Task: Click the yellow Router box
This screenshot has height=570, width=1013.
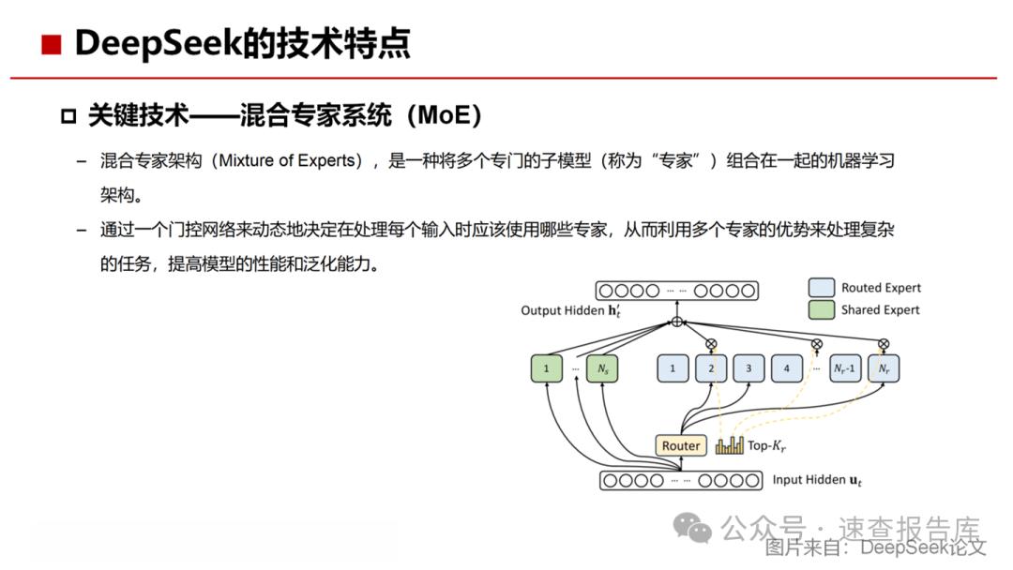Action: (x=681, y=445)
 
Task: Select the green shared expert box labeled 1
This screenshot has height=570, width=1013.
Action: (x=546, y=368)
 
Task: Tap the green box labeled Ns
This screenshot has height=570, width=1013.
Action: (x=602, y=368)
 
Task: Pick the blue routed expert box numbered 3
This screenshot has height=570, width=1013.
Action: (x=748, y=368)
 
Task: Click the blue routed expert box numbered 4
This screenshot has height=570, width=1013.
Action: (x=786, y=368)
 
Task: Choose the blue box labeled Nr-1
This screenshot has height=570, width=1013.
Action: (x=844, y=368)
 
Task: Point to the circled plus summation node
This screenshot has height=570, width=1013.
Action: (x=677, y=322)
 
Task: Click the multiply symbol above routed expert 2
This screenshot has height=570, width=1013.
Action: (x=711, y=344)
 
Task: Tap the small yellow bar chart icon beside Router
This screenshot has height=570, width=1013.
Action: (x=730, y=445)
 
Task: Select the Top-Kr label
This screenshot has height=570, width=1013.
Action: (x=766, y=446)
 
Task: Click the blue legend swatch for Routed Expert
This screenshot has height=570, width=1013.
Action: (x=821, y=287)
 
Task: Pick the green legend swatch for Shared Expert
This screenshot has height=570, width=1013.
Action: (x=821, y=310)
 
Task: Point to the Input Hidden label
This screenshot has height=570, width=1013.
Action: (x=817, y=480)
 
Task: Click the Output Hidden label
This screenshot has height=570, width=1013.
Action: (x=570, y=310)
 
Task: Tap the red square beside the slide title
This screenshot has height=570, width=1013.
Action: (x=51, y=45)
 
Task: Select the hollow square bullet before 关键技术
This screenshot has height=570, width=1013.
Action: (x=68, y=117)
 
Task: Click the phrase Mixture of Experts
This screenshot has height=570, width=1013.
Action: (x=287, y=160)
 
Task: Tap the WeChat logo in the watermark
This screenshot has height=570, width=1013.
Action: (x=692, y=528)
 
